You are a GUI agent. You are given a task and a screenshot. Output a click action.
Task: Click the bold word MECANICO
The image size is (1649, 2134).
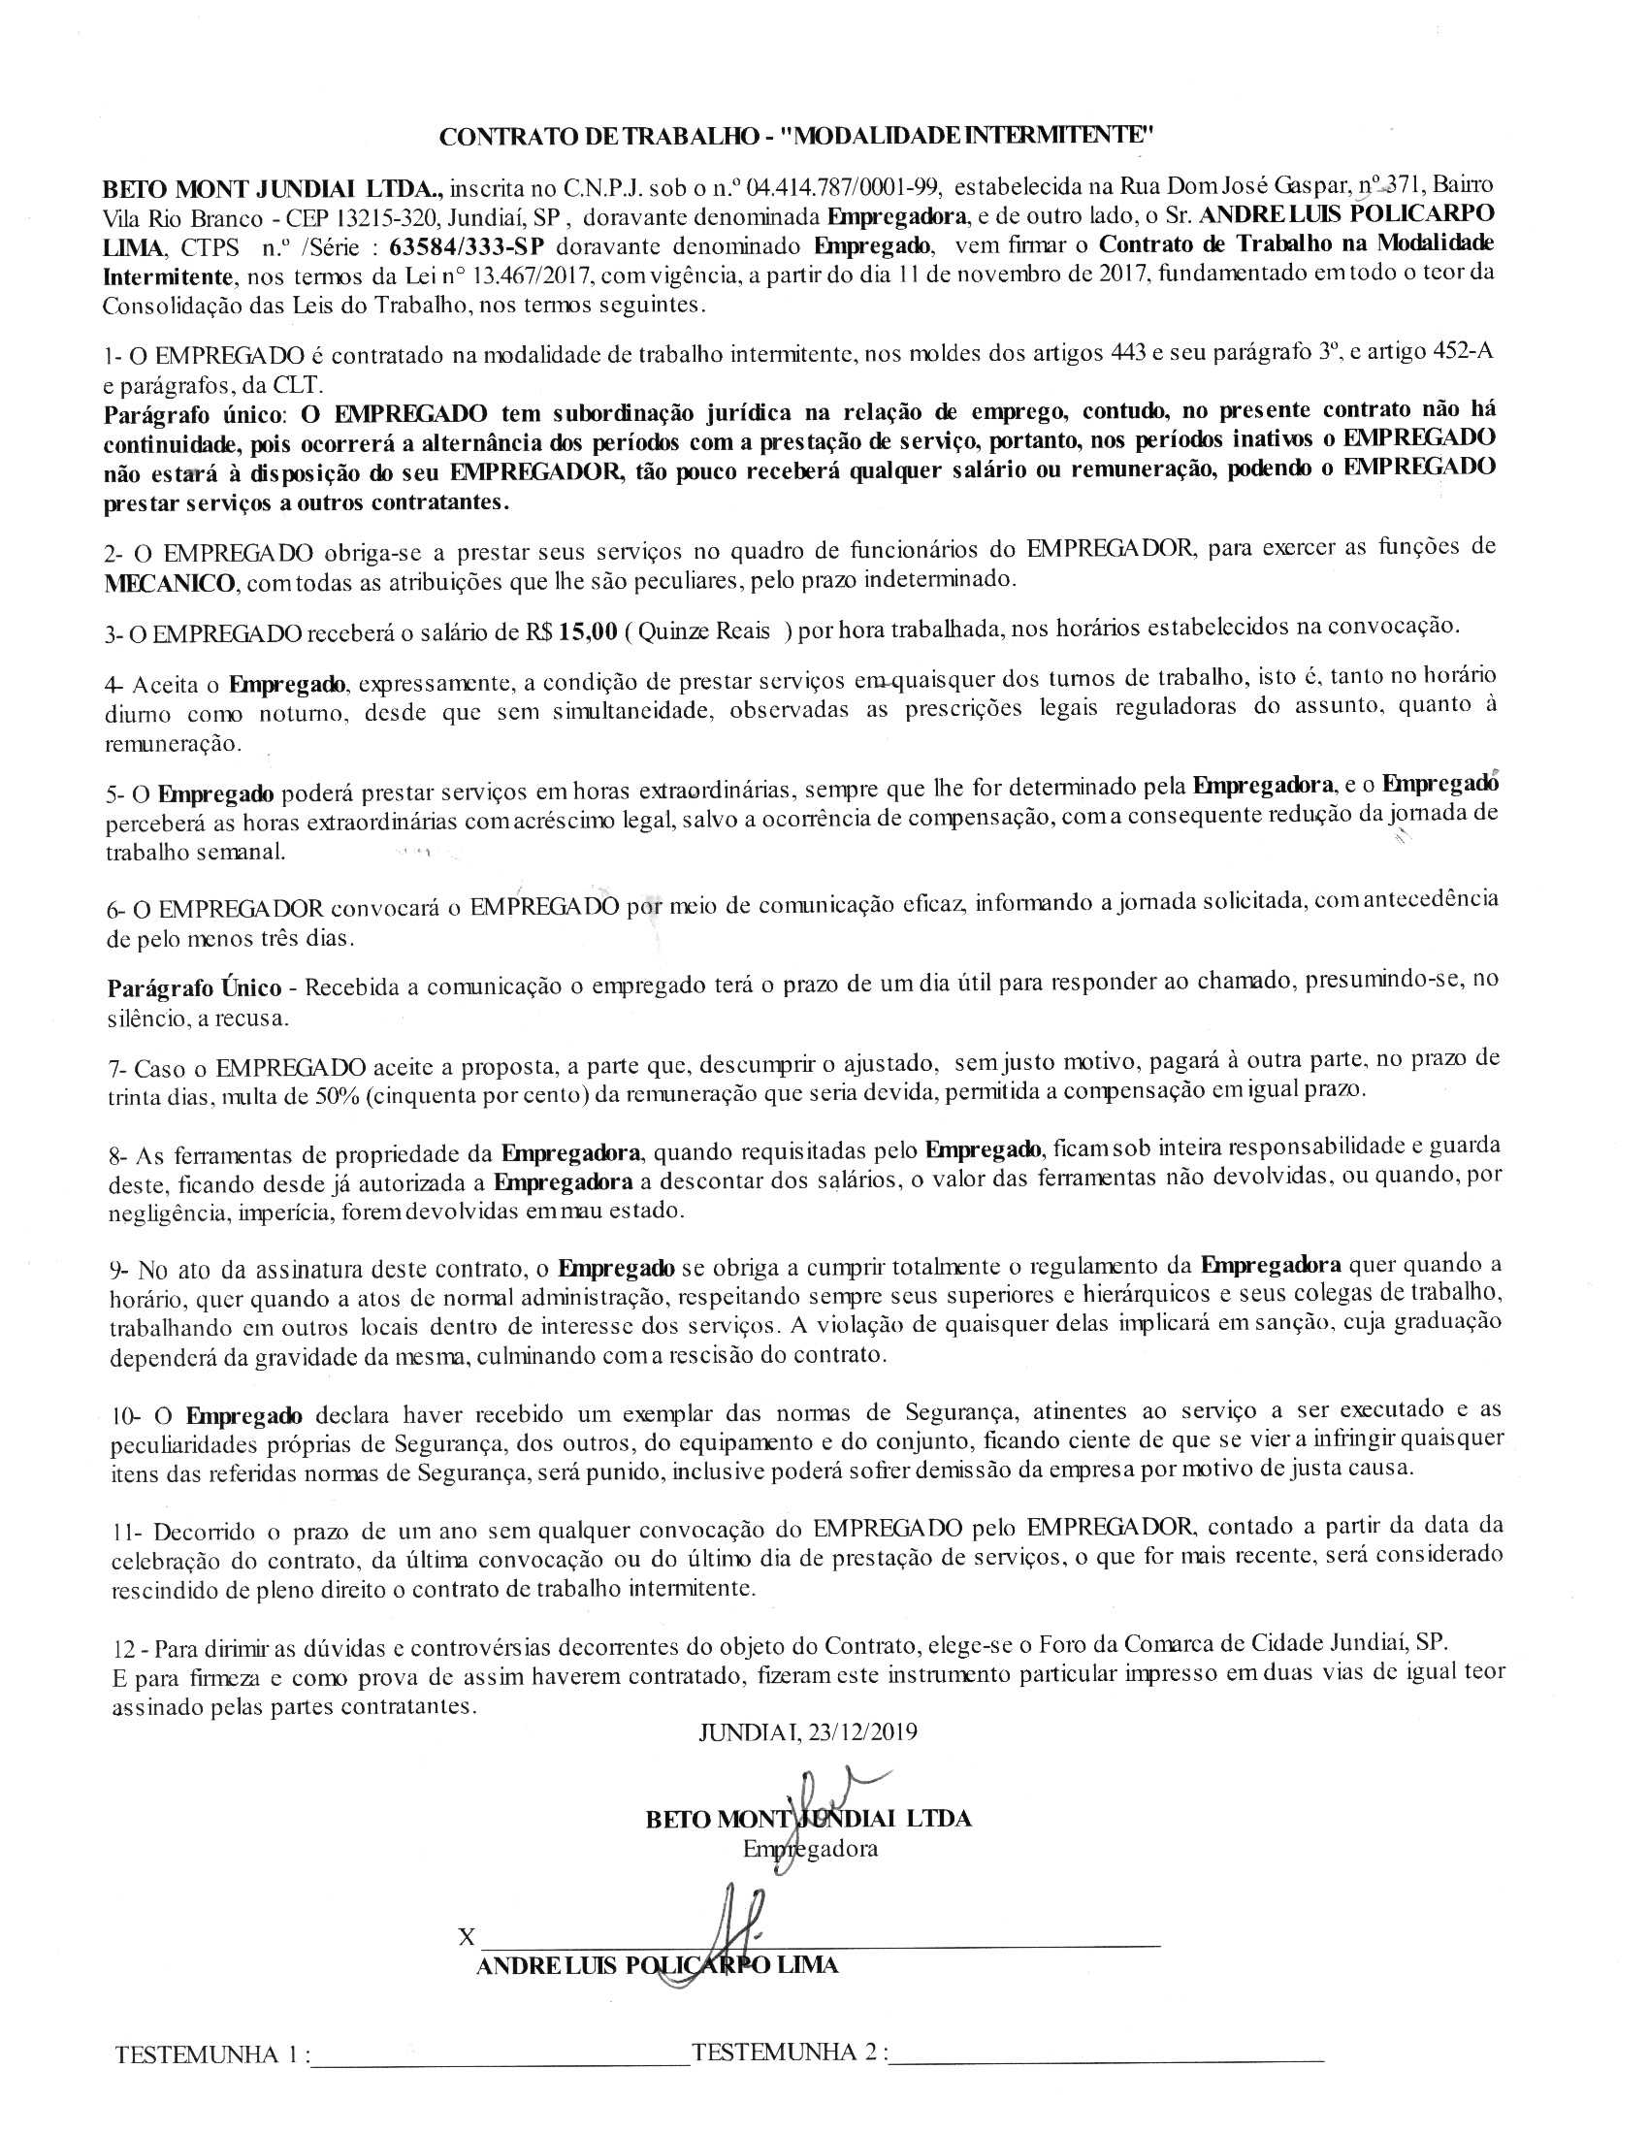coord(170,583)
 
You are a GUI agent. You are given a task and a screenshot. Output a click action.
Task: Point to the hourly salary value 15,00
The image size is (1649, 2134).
coord(588,631)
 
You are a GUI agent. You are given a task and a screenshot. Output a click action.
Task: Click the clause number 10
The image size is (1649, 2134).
coord(125,1416)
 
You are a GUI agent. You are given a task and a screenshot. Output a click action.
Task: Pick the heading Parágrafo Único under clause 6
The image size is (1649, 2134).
coord(194,987)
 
